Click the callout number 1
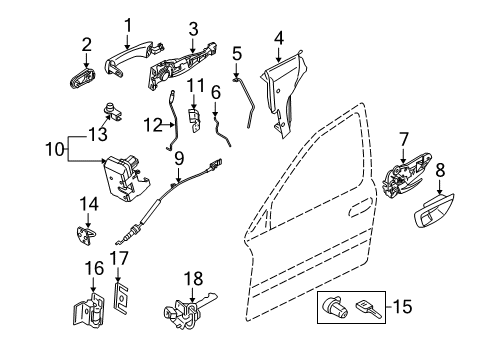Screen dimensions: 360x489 coord(128,25)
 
